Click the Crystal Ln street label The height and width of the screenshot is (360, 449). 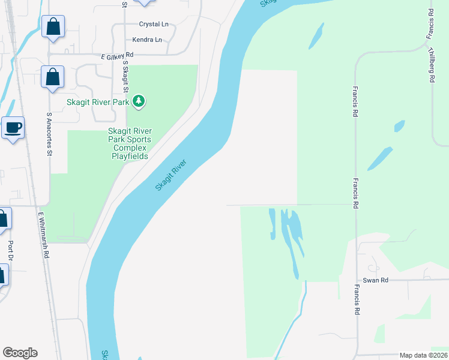pyautogui.click(x=154, y=25)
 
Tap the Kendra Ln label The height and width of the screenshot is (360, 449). pyautogui.click(x=148, y=40)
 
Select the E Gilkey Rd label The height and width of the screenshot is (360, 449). pyautogui.click(x=117, y=56)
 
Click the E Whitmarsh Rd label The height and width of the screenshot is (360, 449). pyautogui.click(x=43, y=235)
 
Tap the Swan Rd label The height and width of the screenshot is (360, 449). pyautogui.click(x=376, y=280)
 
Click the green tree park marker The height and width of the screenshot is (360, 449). pyautogui.click(x=139, y=101)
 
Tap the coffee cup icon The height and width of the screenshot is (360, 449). pyautogui.click(x=13, y=127)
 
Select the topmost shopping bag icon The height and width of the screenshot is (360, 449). pyautogui.click(x=53, y=27)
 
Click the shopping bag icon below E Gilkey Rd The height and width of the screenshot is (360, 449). pyautogui.click(x=52, y=77)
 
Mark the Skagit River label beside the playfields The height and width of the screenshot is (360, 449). pyautogui.click(x=171, y=175)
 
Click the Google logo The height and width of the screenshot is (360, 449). pyautogui.click(x=20, y=353)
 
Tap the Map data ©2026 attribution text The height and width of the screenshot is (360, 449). pyautogui.click(x=423, y=355)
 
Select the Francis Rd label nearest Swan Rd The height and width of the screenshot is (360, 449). pyautogui.click(x=357, y=300)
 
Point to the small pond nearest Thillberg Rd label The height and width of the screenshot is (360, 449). pyautogui.click(x=399, y=126)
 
